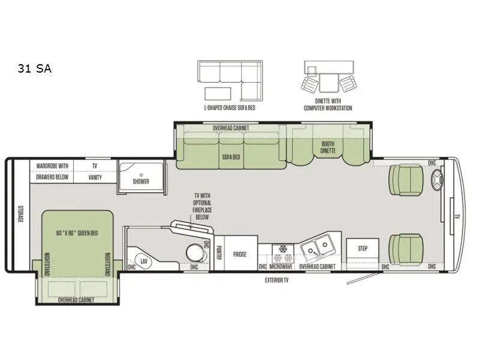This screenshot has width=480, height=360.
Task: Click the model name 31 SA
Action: coord(35,68)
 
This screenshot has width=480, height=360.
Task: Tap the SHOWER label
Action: coord(141,182)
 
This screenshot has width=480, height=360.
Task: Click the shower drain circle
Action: coord(141,175)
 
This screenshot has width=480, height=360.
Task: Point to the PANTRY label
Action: coord(219,253)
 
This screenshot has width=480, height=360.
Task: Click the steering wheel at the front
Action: coord(437,179)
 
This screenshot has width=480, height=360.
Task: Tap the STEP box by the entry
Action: coord(362,248)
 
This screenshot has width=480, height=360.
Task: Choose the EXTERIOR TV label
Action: coord(277,280)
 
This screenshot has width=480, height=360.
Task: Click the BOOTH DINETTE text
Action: coord(328,147)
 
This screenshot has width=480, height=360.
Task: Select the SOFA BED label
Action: coord(231,157)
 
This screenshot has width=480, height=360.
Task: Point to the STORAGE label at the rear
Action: coord(20,214)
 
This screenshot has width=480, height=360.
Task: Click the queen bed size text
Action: coord(77,233)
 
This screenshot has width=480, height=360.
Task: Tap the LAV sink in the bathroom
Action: coord(143,261)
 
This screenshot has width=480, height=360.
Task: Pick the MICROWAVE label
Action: coord(281,266)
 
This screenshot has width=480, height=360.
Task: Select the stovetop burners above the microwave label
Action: coord(283,253)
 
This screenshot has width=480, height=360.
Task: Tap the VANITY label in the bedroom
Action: coord(95,177)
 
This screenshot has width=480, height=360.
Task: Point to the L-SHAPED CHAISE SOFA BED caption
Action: coord(230,108)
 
